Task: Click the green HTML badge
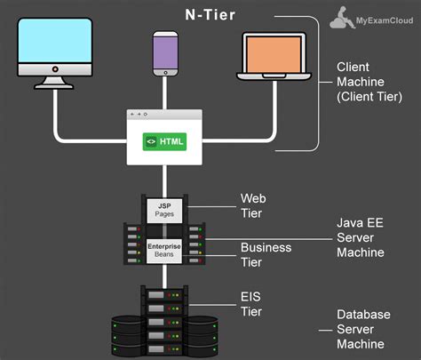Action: pos(166,140)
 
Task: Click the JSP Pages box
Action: pos(164,210)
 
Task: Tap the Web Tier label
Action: pos(253,205)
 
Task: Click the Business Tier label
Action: pos(266,253)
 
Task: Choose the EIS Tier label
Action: pos(252,303)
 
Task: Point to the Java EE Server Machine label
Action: pos(360,236)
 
